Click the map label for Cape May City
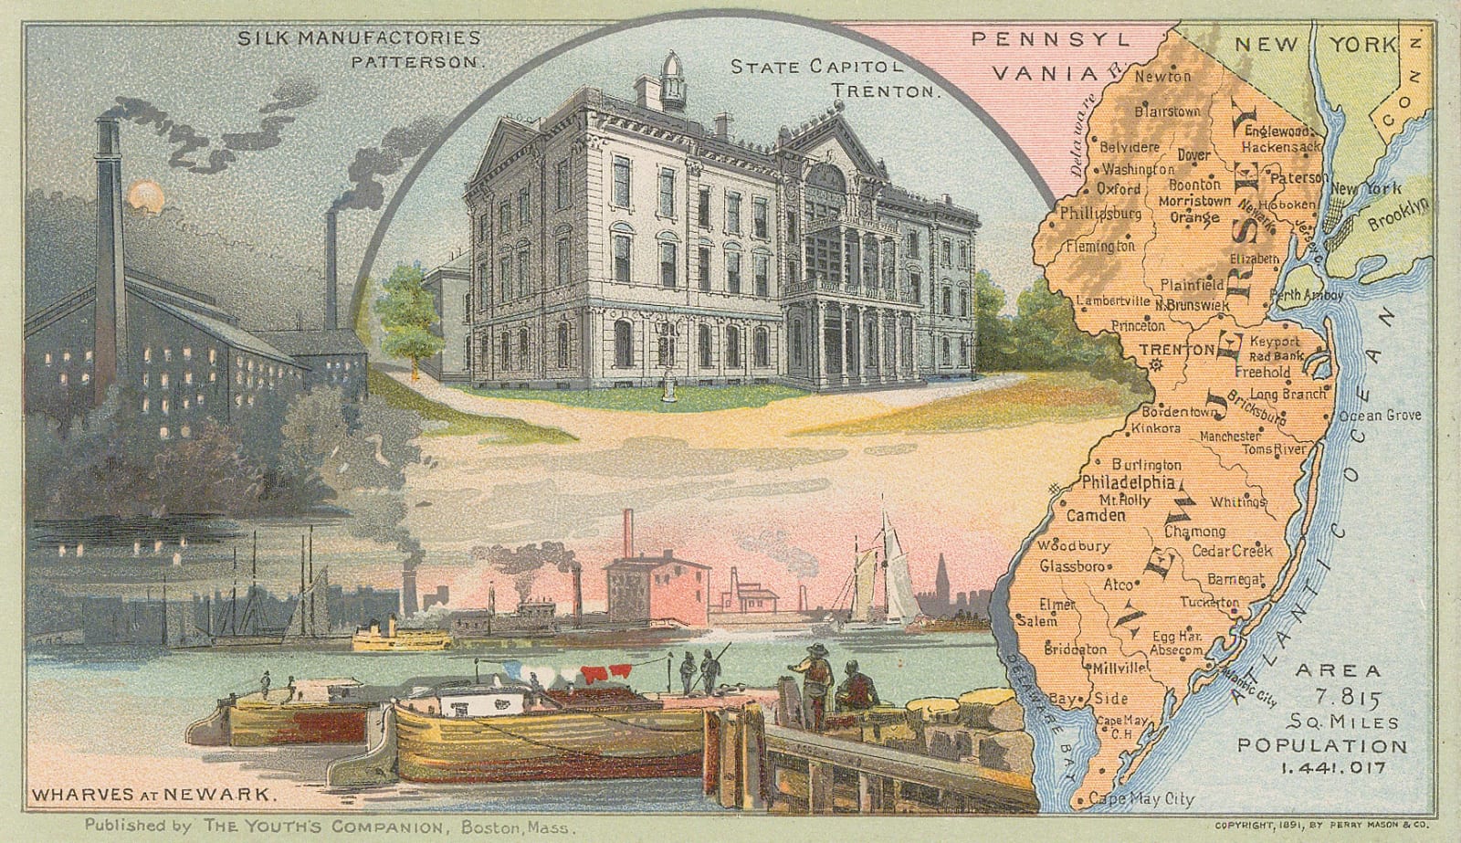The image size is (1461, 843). pyautogui.click(x=1141, y=799)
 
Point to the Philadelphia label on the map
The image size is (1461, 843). pyautogui.click(x=1128, y=483)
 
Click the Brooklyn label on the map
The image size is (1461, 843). pyautogui.click(x=1397, y=214)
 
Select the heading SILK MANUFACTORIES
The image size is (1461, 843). pyautogui.click(x=359, y=38)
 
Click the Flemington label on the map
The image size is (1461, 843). pyautogui.click(x=1099, y=247)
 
